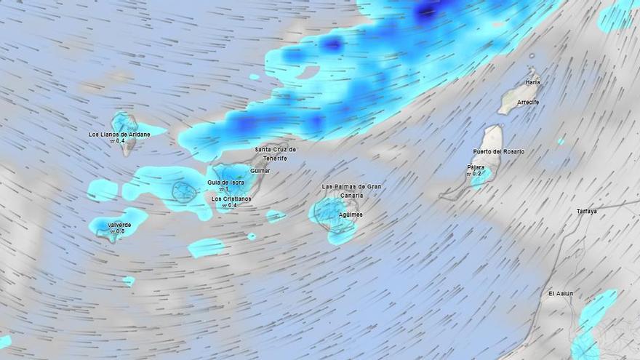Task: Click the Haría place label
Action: click(x=533, y=82)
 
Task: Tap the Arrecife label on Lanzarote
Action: click(x=528, y=103)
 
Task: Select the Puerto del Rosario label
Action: click(x=498, y=151)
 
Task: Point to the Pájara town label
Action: click(x=476, y=167)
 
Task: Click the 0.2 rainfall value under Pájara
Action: click(x=476, y=175)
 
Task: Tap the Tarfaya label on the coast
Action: click(x=586, y=212)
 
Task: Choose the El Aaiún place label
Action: click(x=560, y=294)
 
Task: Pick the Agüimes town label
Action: click(x=351, y=215)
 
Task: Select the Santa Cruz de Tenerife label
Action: click(x=275, y=153)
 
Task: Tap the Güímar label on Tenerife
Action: click(x=260, y=171)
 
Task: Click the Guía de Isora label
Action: click(x=225, y=183)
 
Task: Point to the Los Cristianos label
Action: click(x=231, y=199)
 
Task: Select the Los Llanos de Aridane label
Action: click(x=119, y=135)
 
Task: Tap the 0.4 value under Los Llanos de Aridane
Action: click(x=119, y=141)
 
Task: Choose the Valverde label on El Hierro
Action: click(x=119, y=225)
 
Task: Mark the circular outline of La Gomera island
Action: click(x=185, y=192)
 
